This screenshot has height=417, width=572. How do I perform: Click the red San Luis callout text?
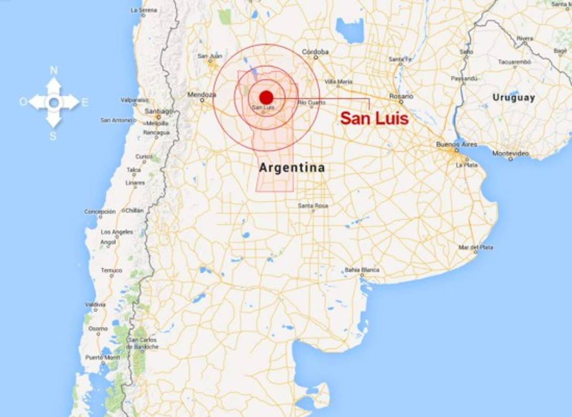[x=375, y=118]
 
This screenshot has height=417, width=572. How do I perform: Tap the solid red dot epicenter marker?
[x=266, y=97]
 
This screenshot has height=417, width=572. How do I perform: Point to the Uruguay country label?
[x=513, y=98]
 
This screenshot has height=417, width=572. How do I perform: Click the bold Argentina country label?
[x=292, y=168]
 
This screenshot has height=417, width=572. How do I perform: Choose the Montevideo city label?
[x=511, y=153]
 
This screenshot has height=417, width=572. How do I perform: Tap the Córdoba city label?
[x=315, y=52]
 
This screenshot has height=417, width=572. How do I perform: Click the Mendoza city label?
[x=202, y=94]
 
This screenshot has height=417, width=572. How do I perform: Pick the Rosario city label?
[x=400, y=96]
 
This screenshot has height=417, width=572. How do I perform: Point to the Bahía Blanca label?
[x=362, y=270]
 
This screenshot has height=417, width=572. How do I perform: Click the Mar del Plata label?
[x=475, y=247]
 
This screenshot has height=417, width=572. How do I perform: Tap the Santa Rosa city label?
[x=313, y=206]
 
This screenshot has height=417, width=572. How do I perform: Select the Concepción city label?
[x=100, y=211]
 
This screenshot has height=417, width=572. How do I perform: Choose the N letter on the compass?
[x=54, y=71]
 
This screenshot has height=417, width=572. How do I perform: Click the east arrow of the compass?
[x=71, y=102]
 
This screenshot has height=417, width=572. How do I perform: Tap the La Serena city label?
[x=143, y=10]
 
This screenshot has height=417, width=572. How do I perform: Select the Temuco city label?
[x=111, y=271]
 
